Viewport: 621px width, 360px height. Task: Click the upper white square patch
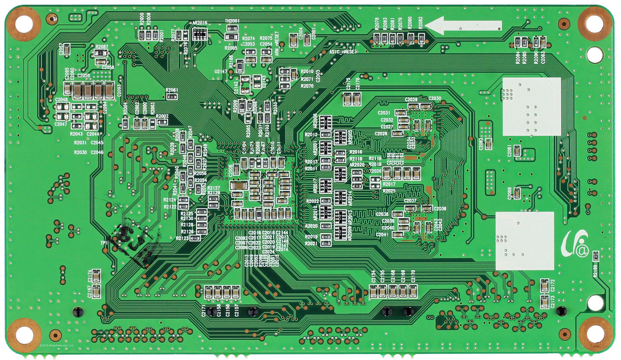point(531,106)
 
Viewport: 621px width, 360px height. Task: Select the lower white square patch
point(524,241)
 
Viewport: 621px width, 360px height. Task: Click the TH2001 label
point(232,21)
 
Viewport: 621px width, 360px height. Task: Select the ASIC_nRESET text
point(343,51)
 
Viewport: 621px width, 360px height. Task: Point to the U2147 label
point(220,71)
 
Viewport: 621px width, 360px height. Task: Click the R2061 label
point(172,90)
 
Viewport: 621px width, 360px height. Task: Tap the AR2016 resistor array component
point(200,35)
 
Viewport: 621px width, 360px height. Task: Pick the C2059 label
point(83,76)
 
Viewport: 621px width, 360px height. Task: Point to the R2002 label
point(162,116)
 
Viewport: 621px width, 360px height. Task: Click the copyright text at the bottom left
point(56,345)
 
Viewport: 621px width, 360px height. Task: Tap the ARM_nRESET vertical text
point(277,43)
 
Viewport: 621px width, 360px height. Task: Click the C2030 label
point(435,98)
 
